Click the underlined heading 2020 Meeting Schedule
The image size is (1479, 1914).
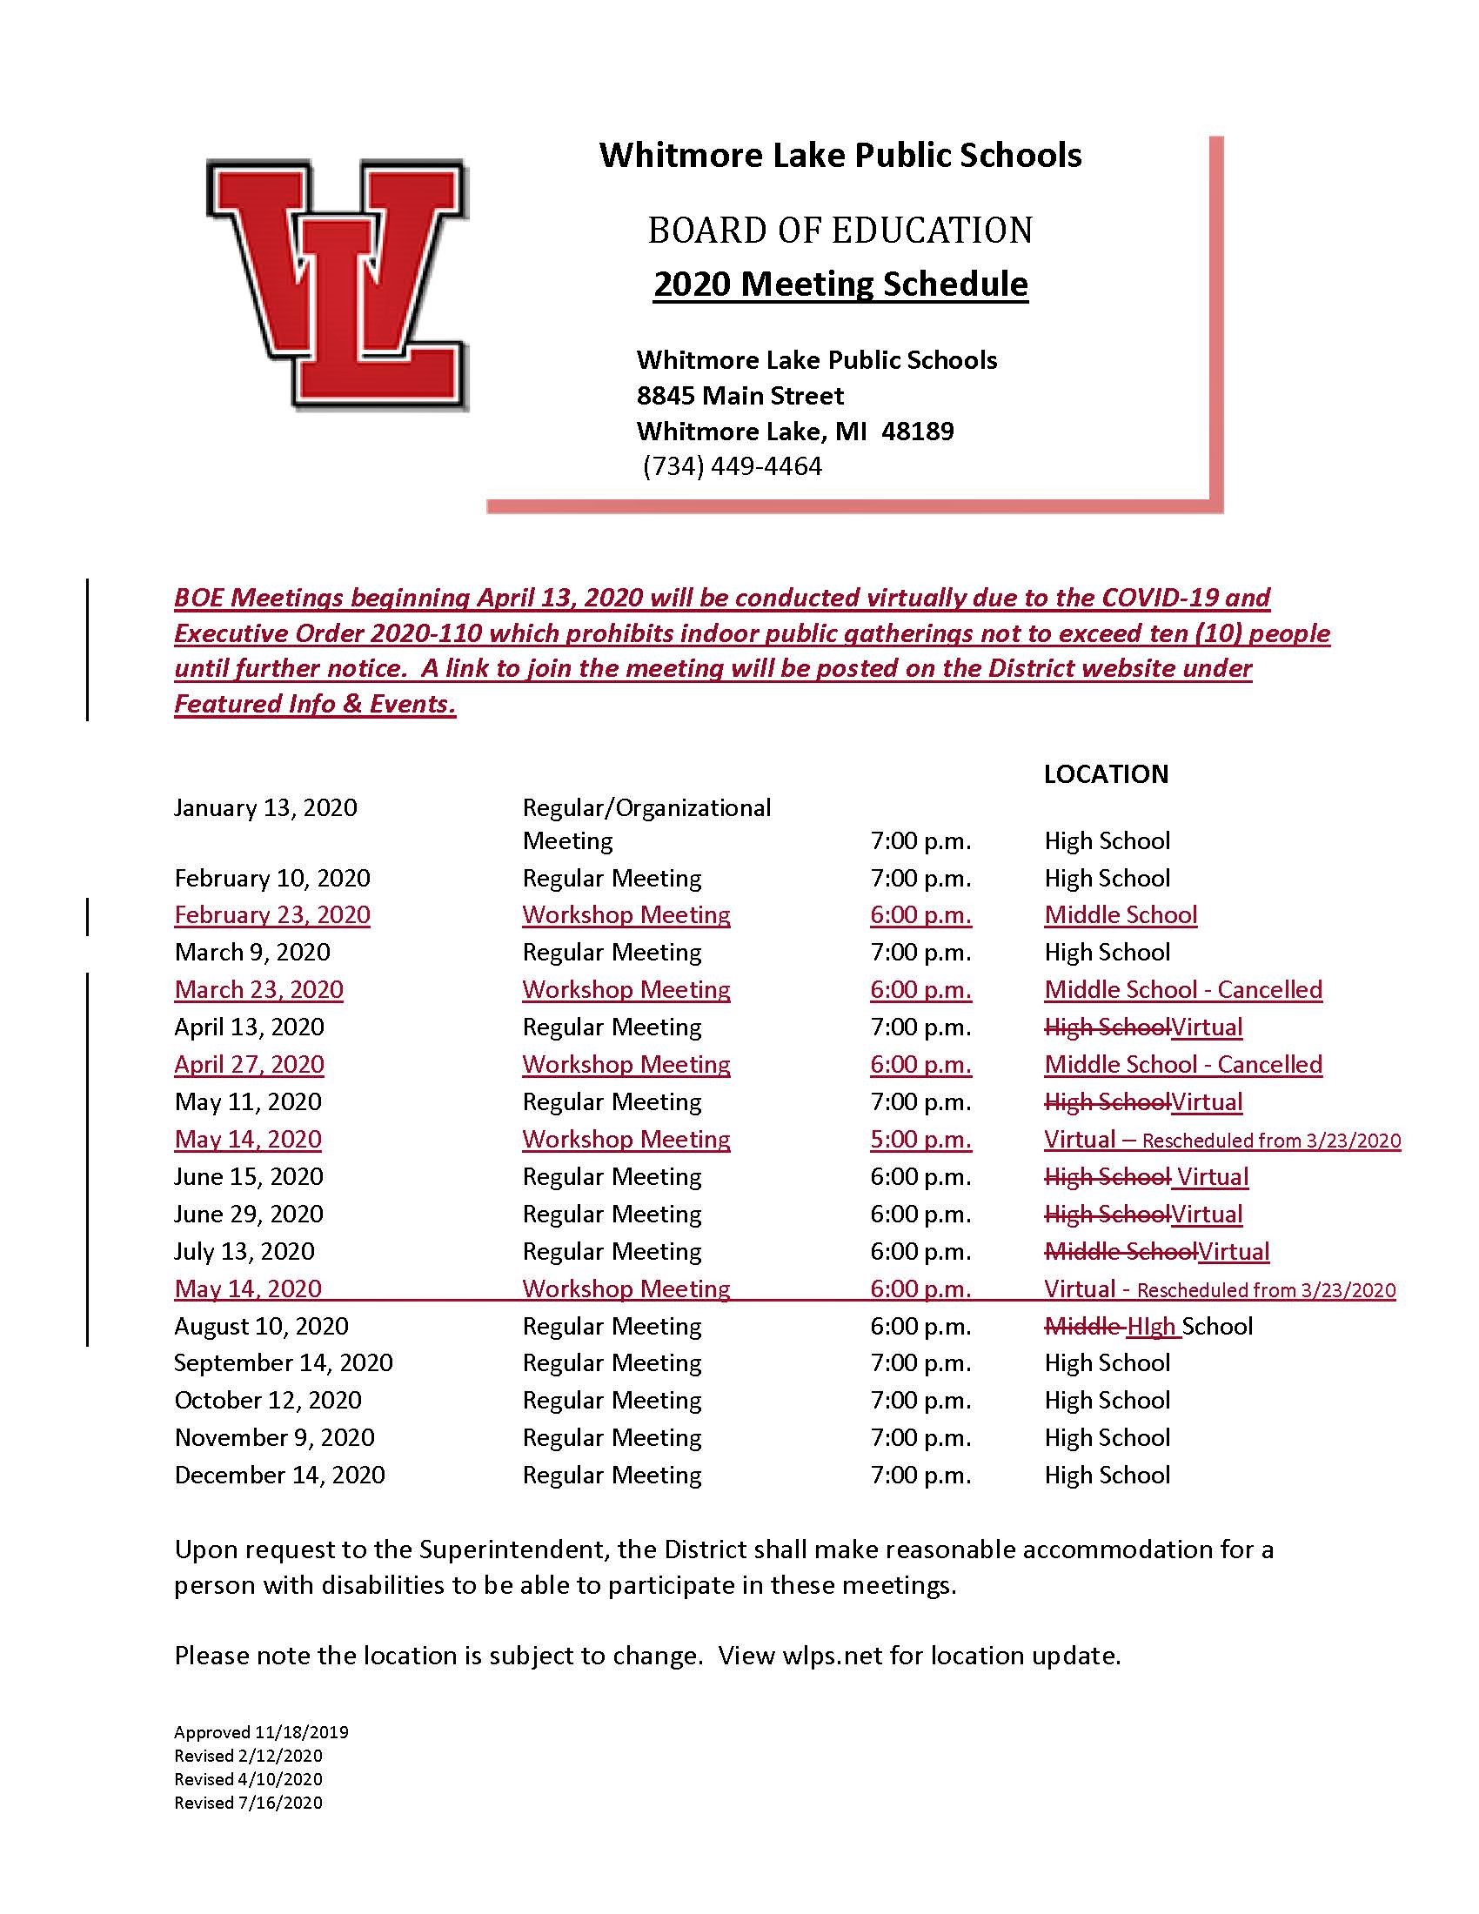840,284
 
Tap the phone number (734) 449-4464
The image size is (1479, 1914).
733,466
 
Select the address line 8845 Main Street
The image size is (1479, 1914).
739,395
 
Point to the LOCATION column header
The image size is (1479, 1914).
1106,773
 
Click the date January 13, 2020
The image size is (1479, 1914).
265,807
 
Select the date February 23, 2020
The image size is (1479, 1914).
271,915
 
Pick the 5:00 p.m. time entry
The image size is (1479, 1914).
920,1140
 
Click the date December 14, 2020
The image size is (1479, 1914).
279,1475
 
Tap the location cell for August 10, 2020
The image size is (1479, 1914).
1148,1326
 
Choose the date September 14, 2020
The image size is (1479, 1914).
283,1362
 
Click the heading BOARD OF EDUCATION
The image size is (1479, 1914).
840,230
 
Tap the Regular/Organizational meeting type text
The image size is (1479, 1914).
646,807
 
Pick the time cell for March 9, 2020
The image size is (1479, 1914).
920,952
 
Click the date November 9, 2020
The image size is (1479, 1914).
274,1437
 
